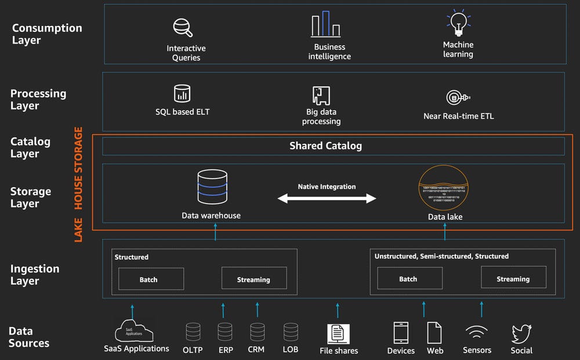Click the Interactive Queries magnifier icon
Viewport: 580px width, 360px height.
[x=183, y=28]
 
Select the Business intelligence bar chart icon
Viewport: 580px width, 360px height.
[x=325, y=25]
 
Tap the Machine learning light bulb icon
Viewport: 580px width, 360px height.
[x=458, y=24]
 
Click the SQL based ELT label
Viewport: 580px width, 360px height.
[x=182, y=111]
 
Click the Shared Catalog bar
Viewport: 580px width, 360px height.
[x=333, y=146]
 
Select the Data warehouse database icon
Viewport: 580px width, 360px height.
[x=211, y=186]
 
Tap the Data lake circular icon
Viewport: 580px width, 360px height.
[x=445, y=188]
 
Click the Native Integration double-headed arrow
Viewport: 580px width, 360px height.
[x=327, y=199]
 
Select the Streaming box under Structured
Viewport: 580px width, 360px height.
[x=254, y=279]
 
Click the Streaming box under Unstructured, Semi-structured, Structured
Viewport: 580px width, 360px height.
[x=513, y=278]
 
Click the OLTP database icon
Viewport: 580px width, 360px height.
[x=193, y=332]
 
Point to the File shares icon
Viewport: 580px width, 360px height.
[x=338, y=333]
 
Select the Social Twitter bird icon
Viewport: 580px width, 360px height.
[x=521, y=334]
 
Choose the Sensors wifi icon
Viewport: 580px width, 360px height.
[x=477, y=333]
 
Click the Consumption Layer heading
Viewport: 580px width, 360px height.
[x=47, y=34]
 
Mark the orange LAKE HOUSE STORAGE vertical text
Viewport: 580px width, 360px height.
[x=78, y=184]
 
